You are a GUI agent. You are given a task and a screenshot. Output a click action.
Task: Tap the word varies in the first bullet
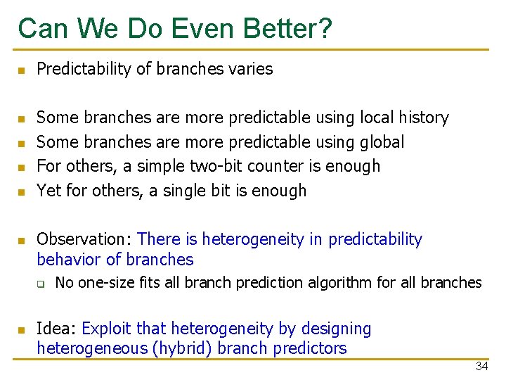pos(249,69)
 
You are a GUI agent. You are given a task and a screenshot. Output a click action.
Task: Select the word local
pos(378,118)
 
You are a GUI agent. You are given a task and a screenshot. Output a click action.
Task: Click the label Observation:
pos(85,239)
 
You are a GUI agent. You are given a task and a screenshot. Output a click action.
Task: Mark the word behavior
pos(67,260)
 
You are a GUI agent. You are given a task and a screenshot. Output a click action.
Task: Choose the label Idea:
pos(57,329)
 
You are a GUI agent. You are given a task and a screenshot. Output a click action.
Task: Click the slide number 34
pos(481,367)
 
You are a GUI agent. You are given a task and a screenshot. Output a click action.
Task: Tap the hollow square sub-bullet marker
pos(41,284)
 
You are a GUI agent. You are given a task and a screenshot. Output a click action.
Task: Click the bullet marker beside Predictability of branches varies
pos(22,70)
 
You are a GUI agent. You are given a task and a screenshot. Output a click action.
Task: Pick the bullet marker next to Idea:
pos(22,330)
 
